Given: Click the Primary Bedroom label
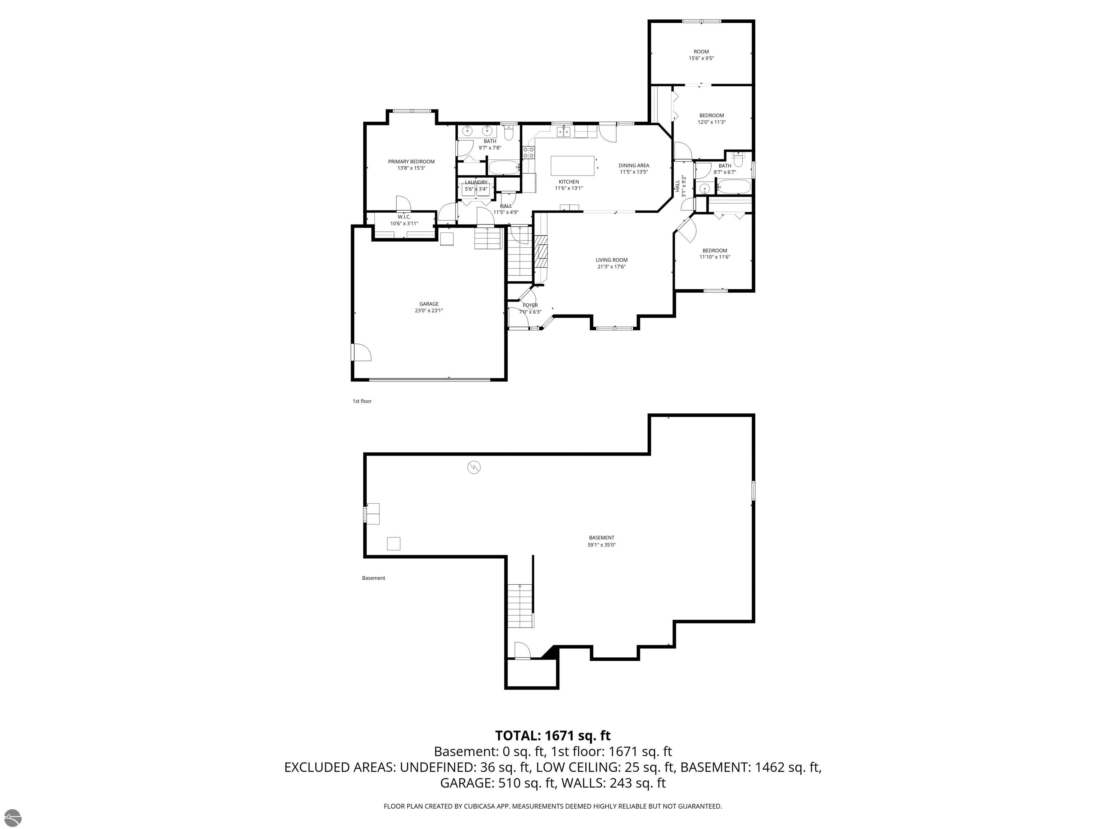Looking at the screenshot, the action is (411, 165).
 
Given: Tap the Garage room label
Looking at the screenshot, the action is (429, 307).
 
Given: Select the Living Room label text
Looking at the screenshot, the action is (611, 263).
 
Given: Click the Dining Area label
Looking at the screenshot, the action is (634, 168).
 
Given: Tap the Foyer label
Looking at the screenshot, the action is (530, 308).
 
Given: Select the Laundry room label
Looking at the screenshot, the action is (476, 185).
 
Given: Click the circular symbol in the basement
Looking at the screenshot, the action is (473, 467).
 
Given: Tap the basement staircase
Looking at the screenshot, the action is (521, 606).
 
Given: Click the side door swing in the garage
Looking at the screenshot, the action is (361, 352).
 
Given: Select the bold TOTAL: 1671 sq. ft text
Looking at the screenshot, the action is (553, 735).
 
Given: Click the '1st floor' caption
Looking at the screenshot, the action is (362, 401).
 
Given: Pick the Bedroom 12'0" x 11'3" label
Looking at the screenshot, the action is (711, 118).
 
